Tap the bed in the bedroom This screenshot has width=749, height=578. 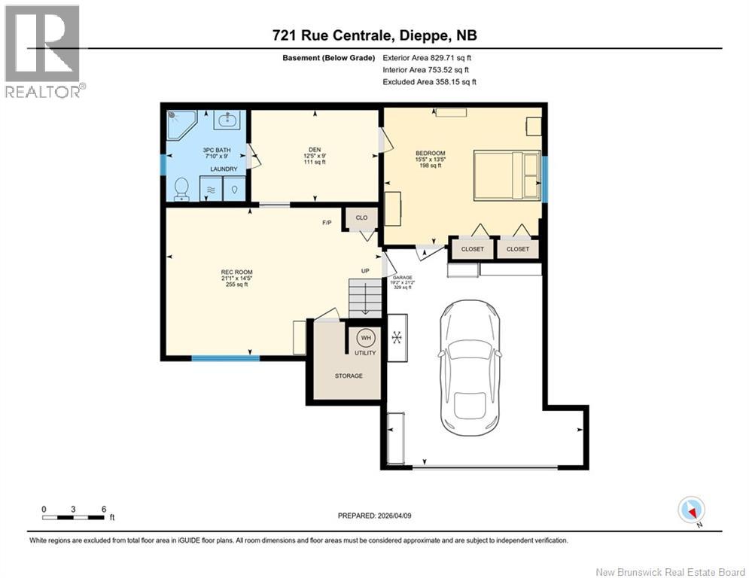(507, 175)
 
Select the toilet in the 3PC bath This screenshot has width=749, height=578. (181, 190)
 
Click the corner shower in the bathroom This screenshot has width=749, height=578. (181, 124)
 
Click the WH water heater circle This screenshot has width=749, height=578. (364, 337)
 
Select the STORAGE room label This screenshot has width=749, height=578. (349, 376)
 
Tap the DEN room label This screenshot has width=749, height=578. (314, 149)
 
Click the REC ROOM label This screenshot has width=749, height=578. (236, 272)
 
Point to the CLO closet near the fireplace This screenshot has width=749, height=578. (361, 218)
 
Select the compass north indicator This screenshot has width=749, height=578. (690, 510)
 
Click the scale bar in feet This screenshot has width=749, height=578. (73, 516)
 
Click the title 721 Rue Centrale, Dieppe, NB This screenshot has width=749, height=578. (374, 35)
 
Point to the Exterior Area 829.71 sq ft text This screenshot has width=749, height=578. (427, 57)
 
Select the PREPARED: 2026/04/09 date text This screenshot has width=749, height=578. (375, 516)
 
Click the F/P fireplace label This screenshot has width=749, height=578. (327, 223)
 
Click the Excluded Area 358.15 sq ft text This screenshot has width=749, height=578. (429, 82)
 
